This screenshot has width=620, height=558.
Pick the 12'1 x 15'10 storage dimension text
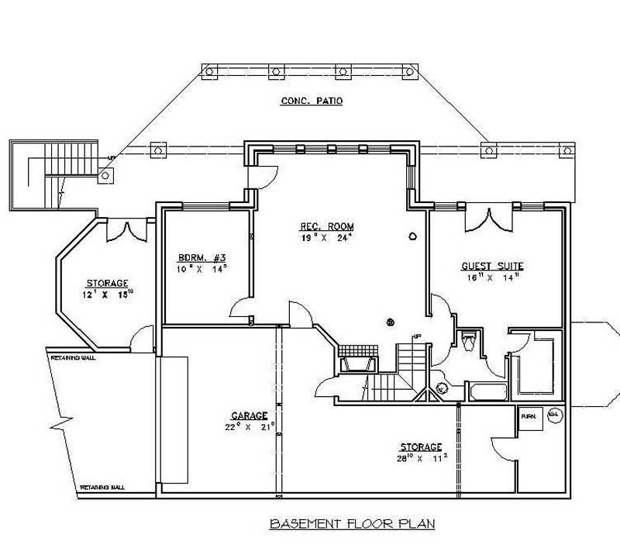(x=108, y=293)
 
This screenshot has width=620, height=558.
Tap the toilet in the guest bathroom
(x=468, y=341)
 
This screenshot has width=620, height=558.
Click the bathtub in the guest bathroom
(x=486, y=392)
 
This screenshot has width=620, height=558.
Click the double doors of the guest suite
(x=488, y=220)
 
